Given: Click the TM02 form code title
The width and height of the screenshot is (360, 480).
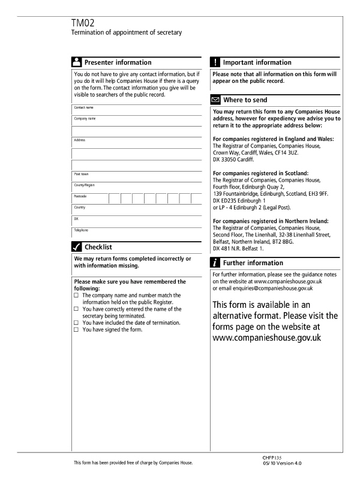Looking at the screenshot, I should coord(85,23).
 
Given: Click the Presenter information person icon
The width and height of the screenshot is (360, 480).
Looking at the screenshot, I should coord(77,62).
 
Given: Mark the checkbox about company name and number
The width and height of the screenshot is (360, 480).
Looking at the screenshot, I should coord(76,296).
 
